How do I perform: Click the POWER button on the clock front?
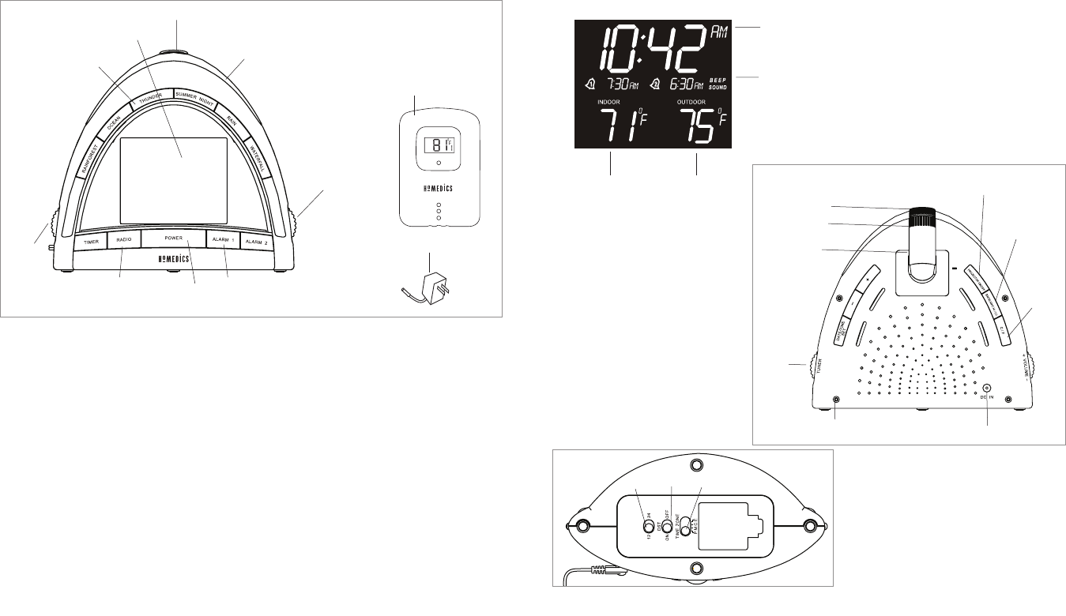[173, 238]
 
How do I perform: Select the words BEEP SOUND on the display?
[718, 84]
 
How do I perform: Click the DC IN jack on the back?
[988, 388]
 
